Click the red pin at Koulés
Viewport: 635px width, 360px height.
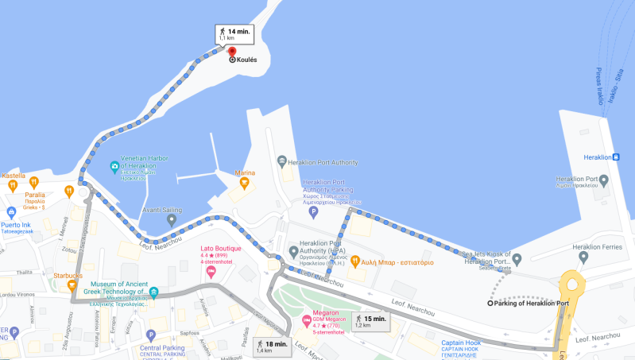point(232,51)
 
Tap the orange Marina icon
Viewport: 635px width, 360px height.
point(244,184)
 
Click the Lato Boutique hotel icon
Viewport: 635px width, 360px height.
point(211,272)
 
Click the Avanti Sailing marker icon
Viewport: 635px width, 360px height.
point(172,219)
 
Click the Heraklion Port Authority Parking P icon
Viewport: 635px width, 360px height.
point(312,212)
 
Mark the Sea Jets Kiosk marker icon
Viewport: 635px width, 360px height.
point(517,258)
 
